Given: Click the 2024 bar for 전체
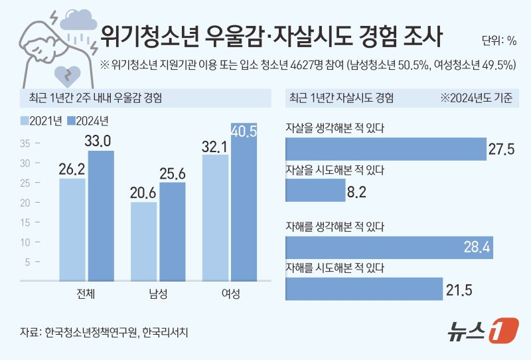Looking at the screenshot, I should click(x=101, y=216).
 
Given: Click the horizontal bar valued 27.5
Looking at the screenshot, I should click(x=385, y=149).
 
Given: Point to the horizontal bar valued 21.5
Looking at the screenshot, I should click(x=364, y=289).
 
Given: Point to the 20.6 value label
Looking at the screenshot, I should click(x=143, y=192).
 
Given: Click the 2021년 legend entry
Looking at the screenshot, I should click(x=41, y=121).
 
